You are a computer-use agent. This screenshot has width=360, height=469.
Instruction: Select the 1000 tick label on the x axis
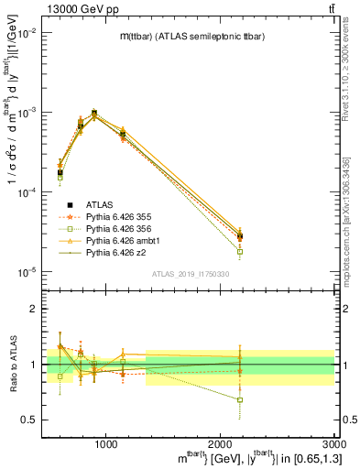105,444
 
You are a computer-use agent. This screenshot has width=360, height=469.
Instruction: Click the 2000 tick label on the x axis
220,444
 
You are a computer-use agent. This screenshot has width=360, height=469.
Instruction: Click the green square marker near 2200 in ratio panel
240,400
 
